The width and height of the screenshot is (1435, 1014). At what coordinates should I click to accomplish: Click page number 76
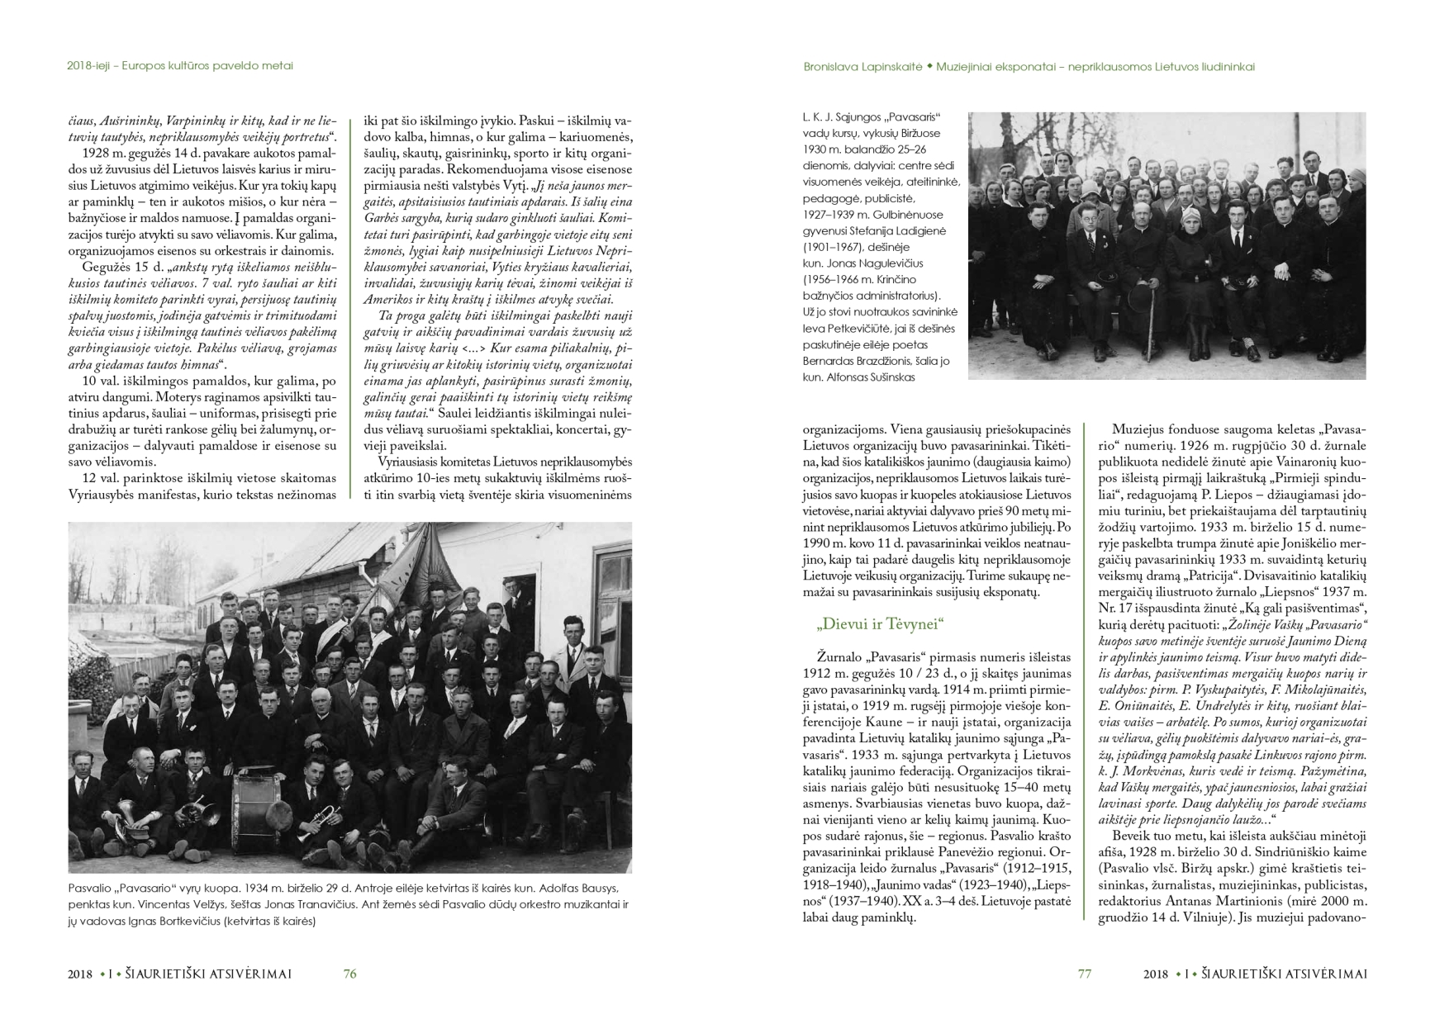(349, 974)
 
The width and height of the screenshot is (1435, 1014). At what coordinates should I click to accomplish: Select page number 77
(1085, 974)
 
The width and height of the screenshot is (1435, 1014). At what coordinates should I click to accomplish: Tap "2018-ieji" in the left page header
(91, 66)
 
